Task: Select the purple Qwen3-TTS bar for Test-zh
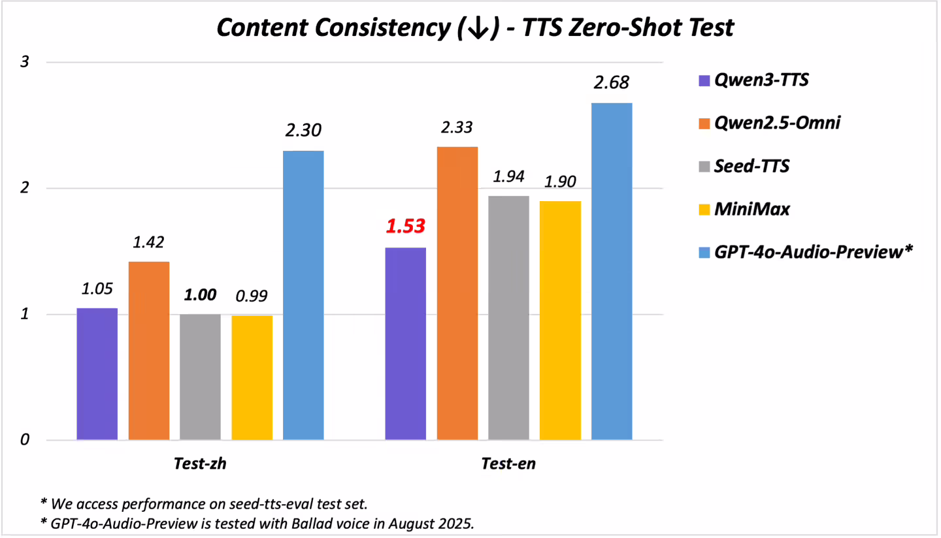click(x=97, y=373)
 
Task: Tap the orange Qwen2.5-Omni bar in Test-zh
click(x=149, y=351)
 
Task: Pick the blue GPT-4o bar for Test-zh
click(x=303, y=295)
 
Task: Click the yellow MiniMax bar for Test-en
click(x=560, y=320)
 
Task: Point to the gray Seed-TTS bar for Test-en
click(x=508, y=317)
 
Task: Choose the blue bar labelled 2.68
click(x=612, y=271)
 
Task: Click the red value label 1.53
click(x=406, y=227)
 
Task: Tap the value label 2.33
click(x=457, y=127)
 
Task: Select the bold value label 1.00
click(x=201, y=294)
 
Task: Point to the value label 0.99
click(x=252, y=295)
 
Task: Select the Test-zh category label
click(x=201, y=464)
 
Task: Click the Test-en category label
click(x=508, y=464)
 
